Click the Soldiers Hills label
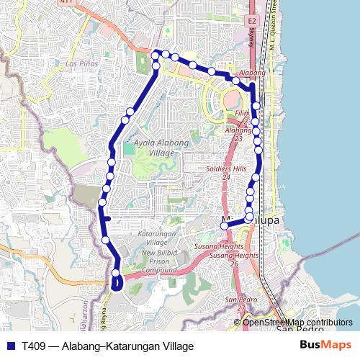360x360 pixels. pyautogui.click(x=225, y=168)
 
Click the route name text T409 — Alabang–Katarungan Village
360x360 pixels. pyautogui.click(x=108, y=346)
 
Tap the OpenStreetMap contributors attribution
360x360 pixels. pyautogui.click(x=297, y=323)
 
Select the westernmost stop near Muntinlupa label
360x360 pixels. pyautogui.click(x=224, y=225)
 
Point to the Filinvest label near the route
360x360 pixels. pyautogui.click(x=240, y=114)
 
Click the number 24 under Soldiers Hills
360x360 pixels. pyautogui.click(x=225, y=176)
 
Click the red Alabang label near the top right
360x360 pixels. pyautogui.click(x=254, y=73)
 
